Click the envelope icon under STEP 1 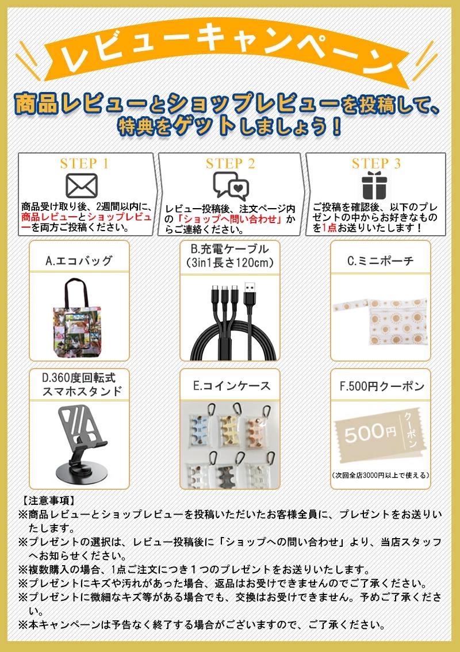coord(82,185)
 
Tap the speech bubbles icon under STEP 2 coord(231,186)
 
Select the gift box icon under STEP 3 coord(375,185)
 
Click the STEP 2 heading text coord(231,163)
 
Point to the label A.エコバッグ coord(79,260)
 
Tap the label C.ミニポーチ coord(381,260)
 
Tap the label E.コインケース coord(232,386)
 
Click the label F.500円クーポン coord(382,386)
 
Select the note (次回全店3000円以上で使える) coord(381,475)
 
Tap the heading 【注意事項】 coord(47,500)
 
